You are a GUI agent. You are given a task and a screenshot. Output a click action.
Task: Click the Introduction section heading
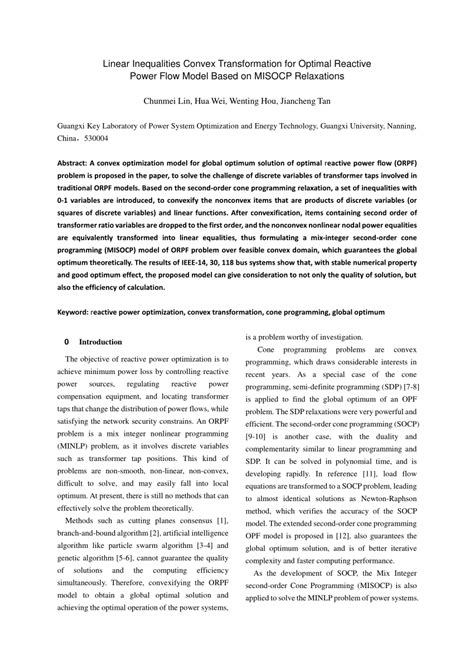[100, 340]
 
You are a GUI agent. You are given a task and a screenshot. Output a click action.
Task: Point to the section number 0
[66, 340]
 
